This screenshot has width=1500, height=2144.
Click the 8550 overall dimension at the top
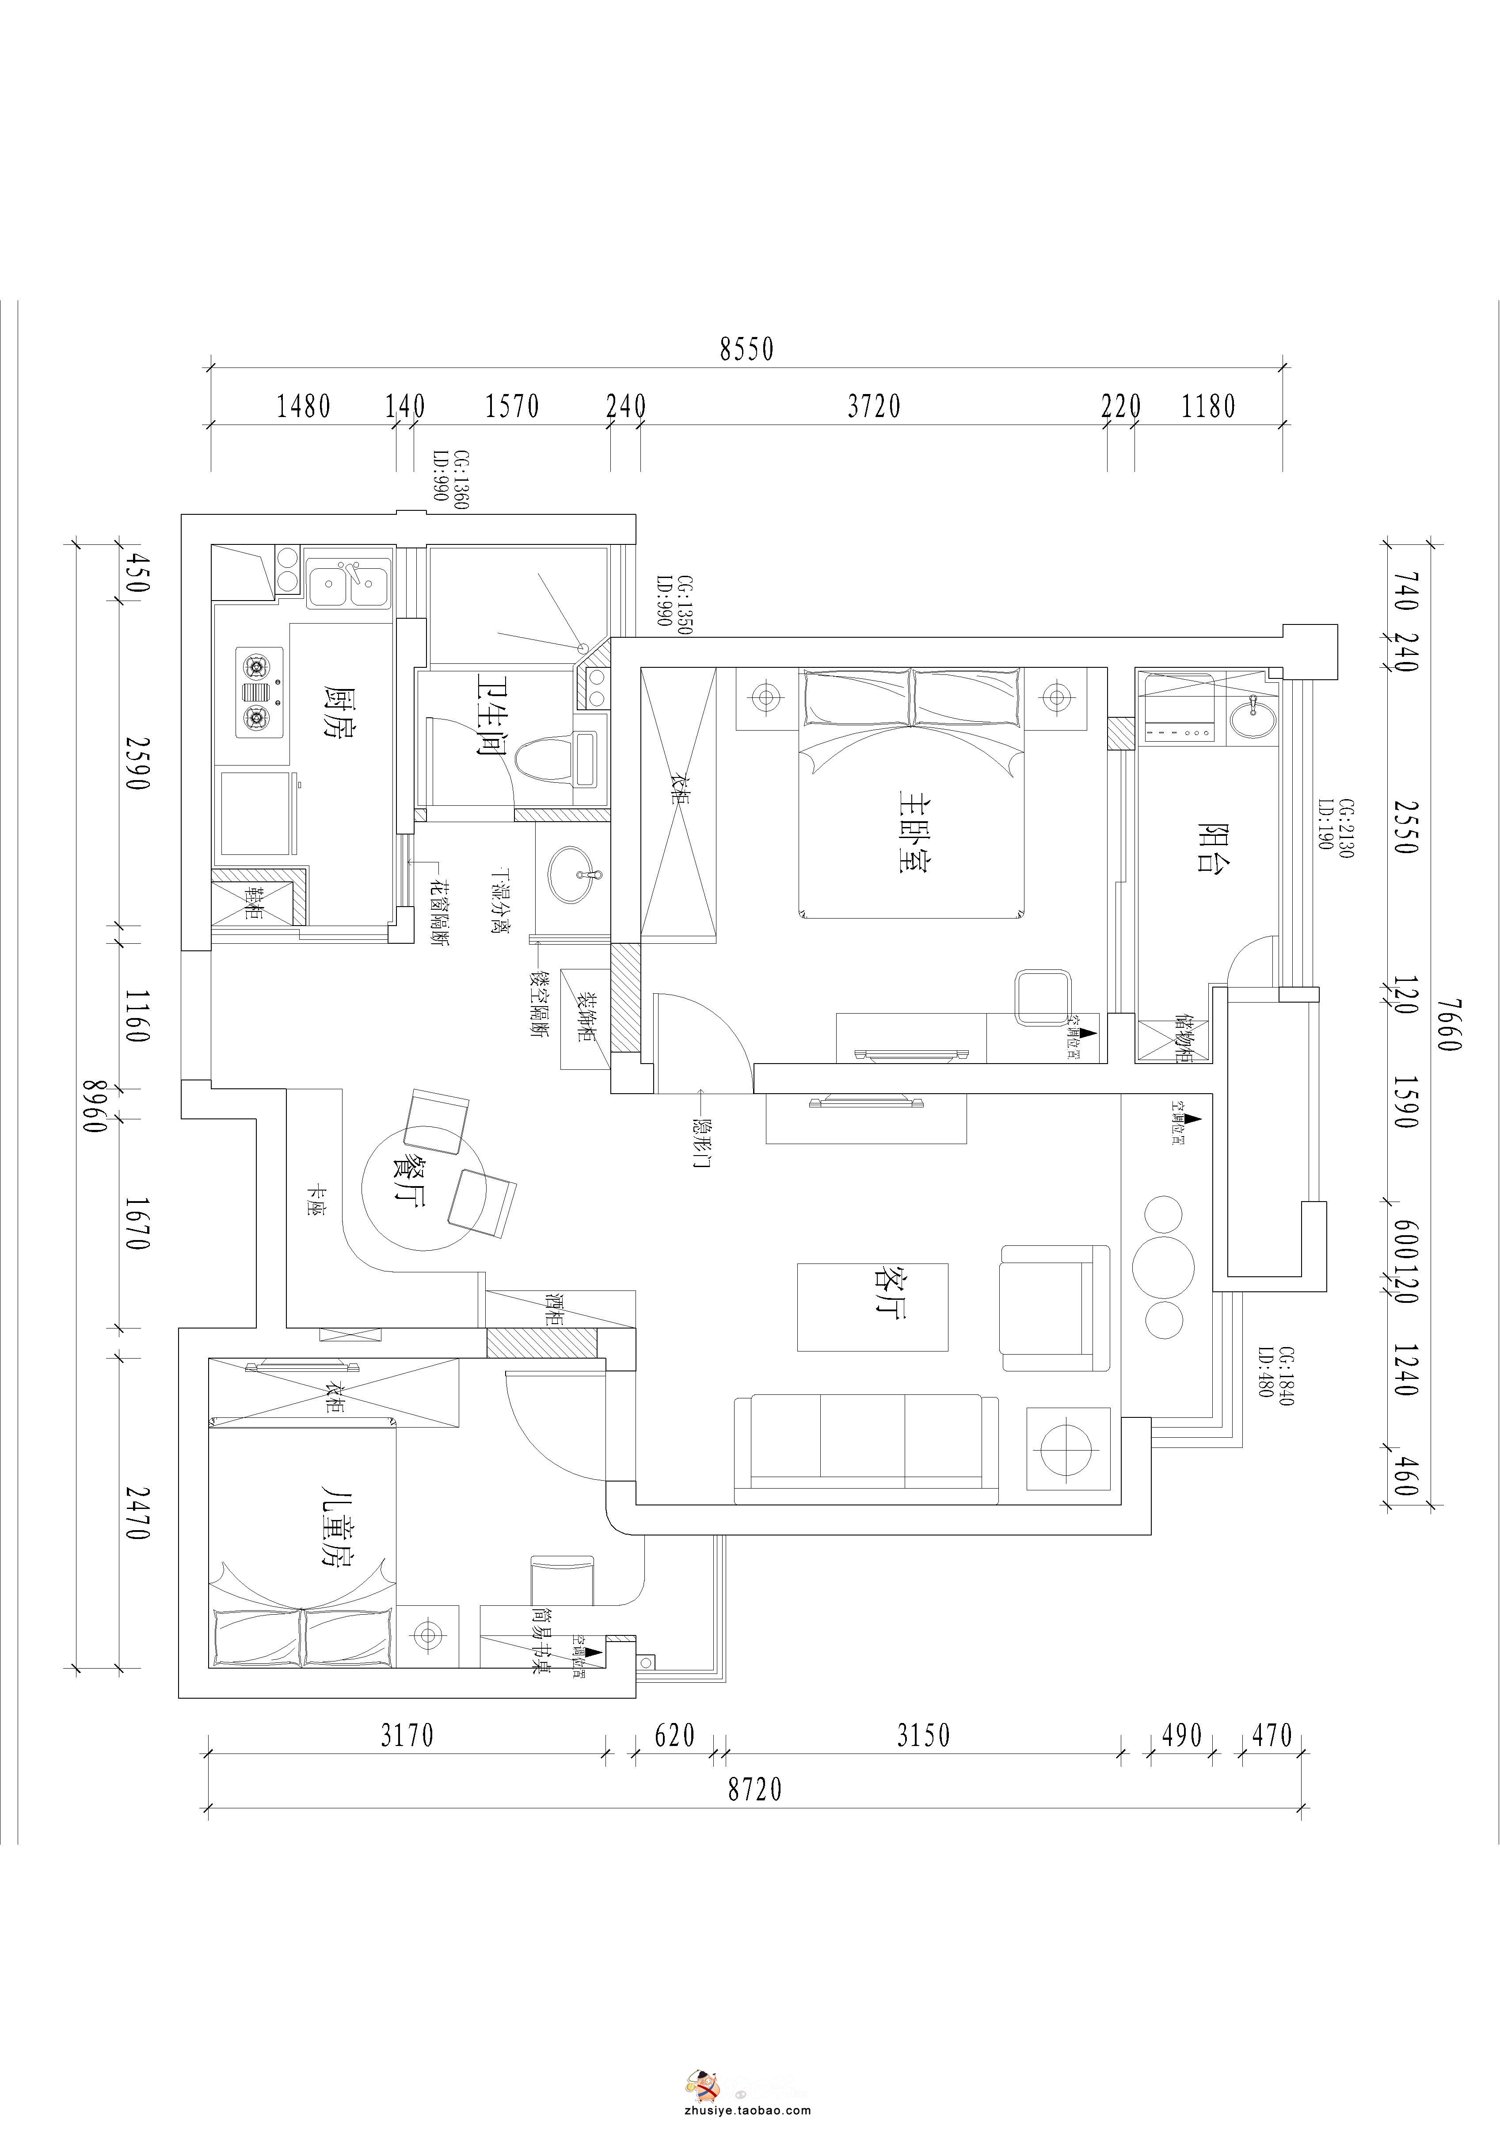coord(747,349)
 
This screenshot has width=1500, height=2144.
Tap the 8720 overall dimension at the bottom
coord(754,1789)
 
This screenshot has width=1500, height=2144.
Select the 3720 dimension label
coord(874,406)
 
